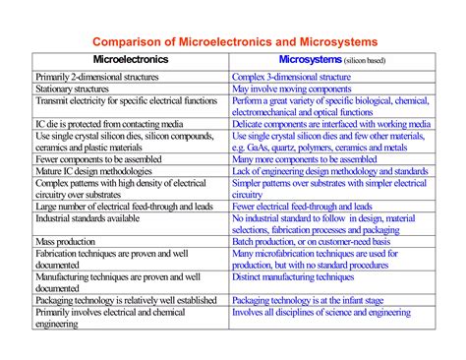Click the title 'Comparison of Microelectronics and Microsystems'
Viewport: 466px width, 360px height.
tap(233, 42)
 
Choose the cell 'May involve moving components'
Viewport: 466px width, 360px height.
tap(294, 89)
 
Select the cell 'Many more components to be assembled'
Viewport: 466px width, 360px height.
tap(305, 158)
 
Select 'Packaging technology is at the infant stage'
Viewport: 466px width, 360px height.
tap(320, 300)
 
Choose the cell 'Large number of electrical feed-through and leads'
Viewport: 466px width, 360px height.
tap(122, 206)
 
